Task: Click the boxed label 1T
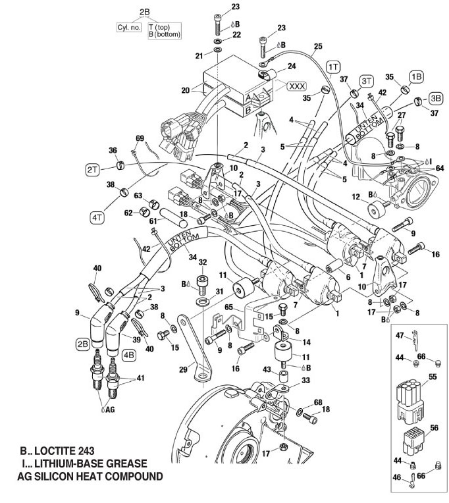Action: coord(334,66)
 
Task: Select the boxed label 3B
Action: coord(436,97)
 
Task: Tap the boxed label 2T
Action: coord(92,169)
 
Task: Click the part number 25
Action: coord(319,46)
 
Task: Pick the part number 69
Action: coord(140,138)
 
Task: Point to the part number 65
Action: coord(229,307)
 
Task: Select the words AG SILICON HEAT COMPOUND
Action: coord(89,476)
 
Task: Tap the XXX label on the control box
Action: coord(296,86)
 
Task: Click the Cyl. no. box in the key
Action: coord(125,29)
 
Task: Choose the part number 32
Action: coord(203,262)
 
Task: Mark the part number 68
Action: coord(318,402)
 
